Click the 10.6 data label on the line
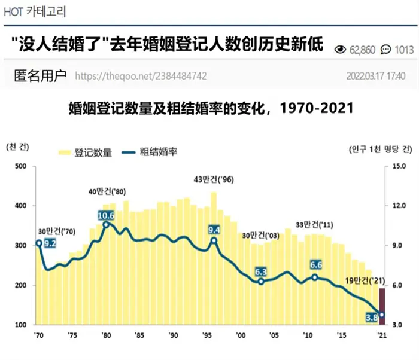[106, 215]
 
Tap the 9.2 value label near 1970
[50, 243]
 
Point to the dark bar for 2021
[382, 306]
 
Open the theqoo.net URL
[141, 76]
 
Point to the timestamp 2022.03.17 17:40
[376, 76]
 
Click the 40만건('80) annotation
[107, 191]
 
